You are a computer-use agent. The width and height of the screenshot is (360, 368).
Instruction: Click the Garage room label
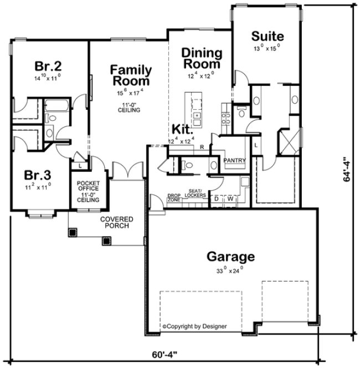230,257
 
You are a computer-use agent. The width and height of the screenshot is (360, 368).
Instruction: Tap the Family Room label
131,75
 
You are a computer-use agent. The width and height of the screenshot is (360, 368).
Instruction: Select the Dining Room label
202,59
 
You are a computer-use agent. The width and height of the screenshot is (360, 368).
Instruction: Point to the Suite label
268,37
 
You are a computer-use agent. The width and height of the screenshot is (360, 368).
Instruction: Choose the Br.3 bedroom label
37,175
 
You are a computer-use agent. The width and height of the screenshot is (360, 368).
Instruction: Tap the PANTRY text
234,161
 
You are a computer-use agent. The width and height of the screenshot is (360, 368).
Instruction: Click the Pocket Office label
88,191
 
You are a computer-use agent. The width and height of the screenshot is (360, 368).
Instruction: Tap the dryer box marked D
217,198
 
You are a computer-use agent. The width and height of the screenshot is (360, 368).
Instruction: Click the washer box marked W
230,198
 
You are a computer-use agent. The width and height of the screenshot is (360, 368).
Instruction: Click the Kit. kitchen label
182,130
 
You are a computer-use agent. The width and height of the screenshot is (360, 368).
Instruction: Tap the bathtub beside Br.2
55,105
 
